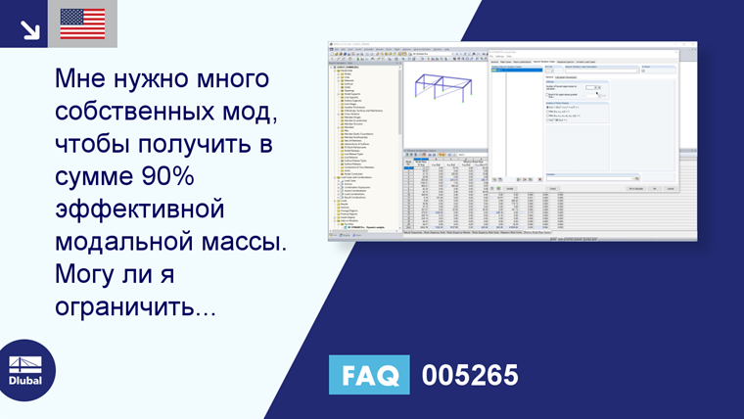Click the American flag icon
(x=82, y=23)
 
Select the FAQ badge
(x=370, y=375)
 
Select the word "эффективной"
(x=140, y=210)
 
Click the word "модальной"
(x=115, y=244)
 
